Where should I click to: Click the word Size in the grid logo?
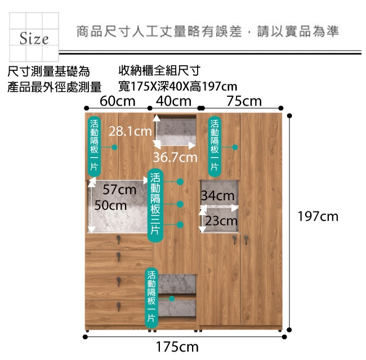pyautogui.click(x=34, y=38)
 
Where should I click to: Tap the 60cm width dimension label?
pyautogui.click(x=118, y=101)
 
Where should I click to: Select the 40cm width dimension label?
pyautogui.click(x=173, y=101)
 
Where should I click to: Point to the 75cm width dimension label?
pyautogui.click(x=244, y=101)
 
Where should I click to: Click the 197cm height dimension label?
pyautogui.click(x=318, y=217)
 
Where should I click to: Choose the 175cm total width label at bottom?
pyautogui.click(x=177, y=347)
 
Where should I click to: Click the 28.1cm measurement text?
pyautogui.click(x=130, y=131)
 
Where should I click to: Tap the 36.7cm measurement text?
pyautogui.click(x=175, y=157)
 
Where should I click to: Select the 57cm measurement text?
pyautogui.click(x=119, y=190)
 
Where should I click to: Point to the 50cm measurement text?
pyautogui.click(x=110, y=205)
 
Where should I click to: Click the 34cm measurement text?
pyautogui.click(x=217, y=195)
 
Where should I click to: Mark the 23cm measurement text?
pyautogui.click(x=221, y=221)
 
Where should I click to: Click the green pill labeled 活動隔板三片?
pyautogui.click(x=155, y=205)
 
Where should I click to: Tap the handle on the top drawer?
pyautogui.click(x=119, y=239)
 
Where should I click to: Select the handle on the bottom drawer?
pyautogui.click(x=119, y=307)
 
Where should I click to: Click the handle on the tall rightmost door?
pyautogui.click(x=246, y=240)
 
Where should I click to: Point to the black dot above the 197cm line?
pyautogui.click(x=289, y=116)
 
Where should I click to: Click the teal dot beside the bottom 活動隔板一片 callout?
pyautogui.click(x=172, y=299)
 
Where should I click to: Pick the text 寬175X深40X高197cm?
pyautogui.click(x=178, y=87)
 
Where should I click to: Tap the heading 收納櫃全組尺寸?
pyautogui.click(x=159, y=70)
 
